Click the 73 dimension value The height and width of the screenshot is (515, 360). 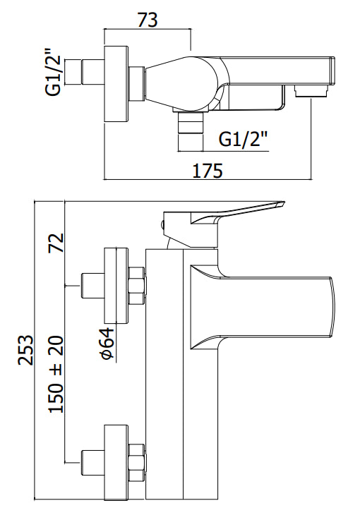147,20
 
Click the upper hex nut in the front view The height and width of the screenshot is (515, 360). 137,284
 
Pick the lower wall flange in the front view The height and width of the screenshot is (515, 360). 116,461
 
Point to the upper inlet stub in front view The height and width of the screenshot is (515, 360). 92,284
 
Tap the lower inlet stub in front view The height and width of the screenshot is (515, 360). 92,461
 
